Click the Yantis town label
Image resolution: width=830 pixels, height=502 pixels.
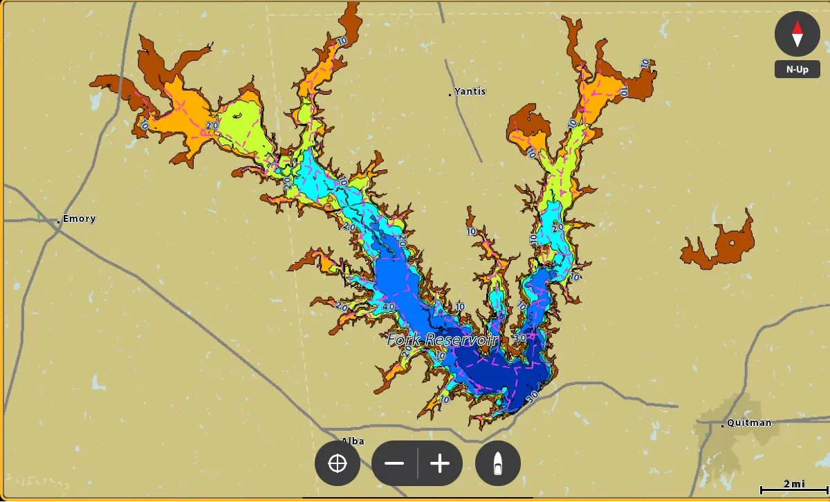[x=470, y=91]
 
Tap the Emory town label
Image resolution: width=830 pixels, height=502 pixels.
[x=80, y=219]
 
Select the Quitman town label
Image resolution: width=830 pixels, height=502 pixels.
[x=750, y=422]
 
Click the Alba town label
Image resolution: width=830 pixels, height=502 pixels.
[x=353, y=440]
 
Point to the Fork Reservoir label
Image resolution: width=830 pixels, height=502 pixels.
[x=443, y=340]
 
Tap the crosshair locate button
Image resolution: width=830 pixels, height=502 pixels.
[x=338, y=463]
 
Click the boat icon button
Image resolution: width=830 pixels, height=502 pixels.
[x=498, y=463]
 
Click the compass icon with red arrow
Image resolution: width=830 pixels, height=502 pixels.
[x=797, y=33]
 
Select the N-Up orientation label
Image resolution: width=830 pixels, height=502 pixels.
[x=797, y=70]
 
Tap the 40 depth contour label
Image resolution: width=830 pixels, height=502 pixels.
[x=388, y=307]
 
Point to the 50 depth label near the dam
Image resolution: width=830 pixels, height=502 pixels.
[x=532, y=398]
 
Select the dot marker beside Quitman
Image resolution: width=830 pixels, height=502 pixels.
[x=723, y=425]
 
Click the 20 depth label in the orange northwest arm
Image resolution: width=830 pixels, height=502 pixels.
[x=212, y=125]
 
